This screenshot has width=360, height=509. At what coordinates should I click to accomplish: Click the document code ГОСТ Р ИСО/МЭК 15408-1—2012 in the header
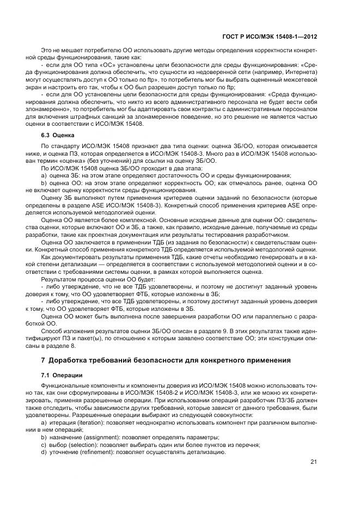[x=270, y=36]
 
